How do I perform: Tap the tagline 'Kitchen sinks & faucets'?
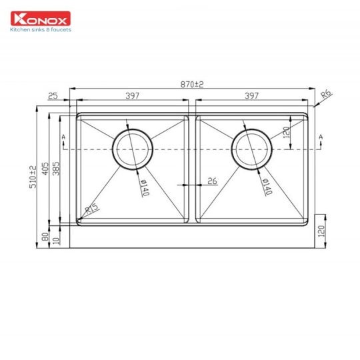pos(39,30)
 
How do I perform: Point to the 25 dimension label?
pos(53,96)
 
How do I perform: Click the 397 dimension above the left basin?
pos(132,96)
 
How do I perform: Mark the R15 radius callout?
pos(91,209)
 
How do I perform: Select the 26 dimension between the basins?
pos(212,181)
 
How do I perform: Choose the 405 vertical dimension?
pos(45,171)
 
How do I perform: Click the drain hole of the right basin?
pos(251,147)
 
